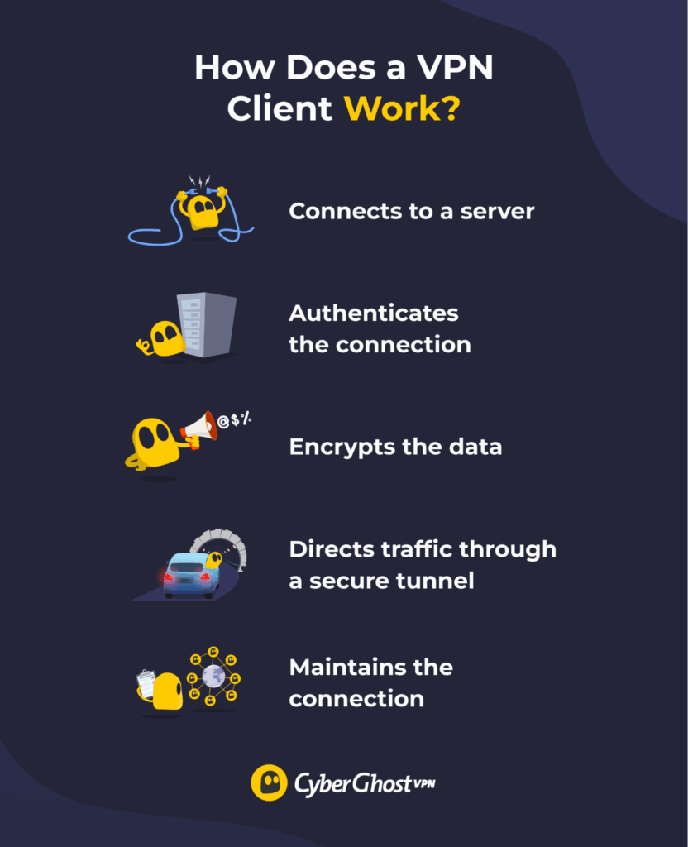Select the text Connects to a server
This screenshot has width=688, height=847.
click(411, 212)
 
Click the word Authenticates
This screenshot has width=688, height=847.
click(373, 314)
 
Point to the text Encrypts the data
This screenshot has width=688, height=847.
click(394, 447)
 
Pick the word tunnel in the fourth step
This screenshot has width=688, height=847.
click(433, 581)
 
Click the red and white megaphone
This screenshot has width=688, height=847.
click(199, 428)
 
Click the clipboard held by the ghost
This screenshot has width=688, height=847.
click(146, 682)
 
